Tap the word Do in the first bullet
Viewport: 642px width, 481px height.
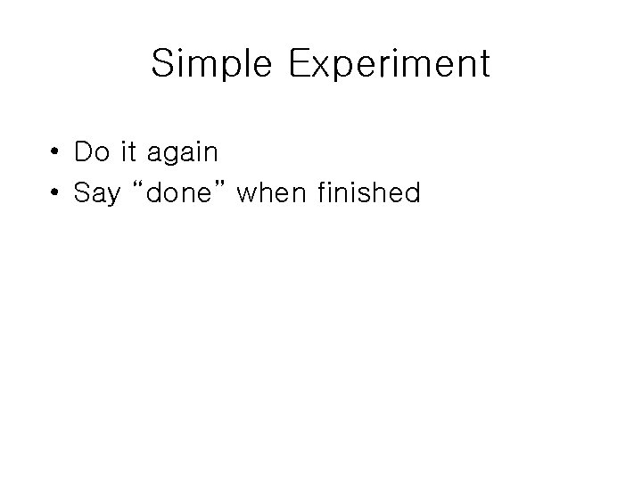[x=89, y=152]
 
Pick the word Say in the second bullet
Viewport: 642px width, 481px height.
[x=97, y=193]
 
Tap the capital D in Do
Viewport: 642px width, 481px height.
[x=83, y=152]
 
